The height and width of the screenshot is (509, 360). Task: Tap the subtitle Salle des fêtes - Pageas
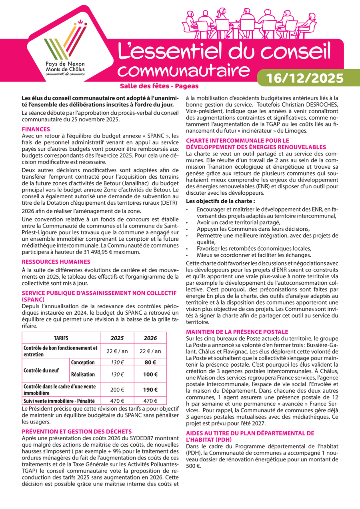click(159, 86)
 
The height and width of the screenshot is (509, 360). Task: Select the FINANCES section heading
click(36, 129)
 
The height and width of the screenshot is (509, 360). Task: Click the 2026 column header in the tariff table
click(150, 338)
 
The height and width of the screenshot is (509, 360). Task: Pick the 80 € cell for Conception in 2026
click(150, 363)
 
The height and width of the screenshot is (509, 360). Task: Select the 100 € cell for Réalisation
click(150, 375)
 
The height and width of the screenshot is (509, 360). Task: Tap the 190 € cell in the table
click(150, 390)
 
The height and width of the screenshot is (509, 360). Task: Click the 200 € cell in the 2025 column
click(117, 390)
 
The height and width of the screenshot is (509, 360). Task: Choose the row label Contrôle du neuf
click(42, 370)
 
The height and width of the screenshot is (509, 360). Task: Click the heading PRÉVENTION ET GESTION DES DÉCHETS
click(77, 431)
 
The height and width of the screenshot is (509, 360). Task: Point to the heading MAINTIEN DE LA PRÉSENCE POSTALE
click(237, 332)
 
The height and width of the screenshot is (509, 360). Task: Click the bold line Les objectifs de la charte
click(221, 201)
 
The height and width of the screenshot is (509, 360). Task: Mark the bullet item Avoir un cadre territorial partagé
click(238, 222)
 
